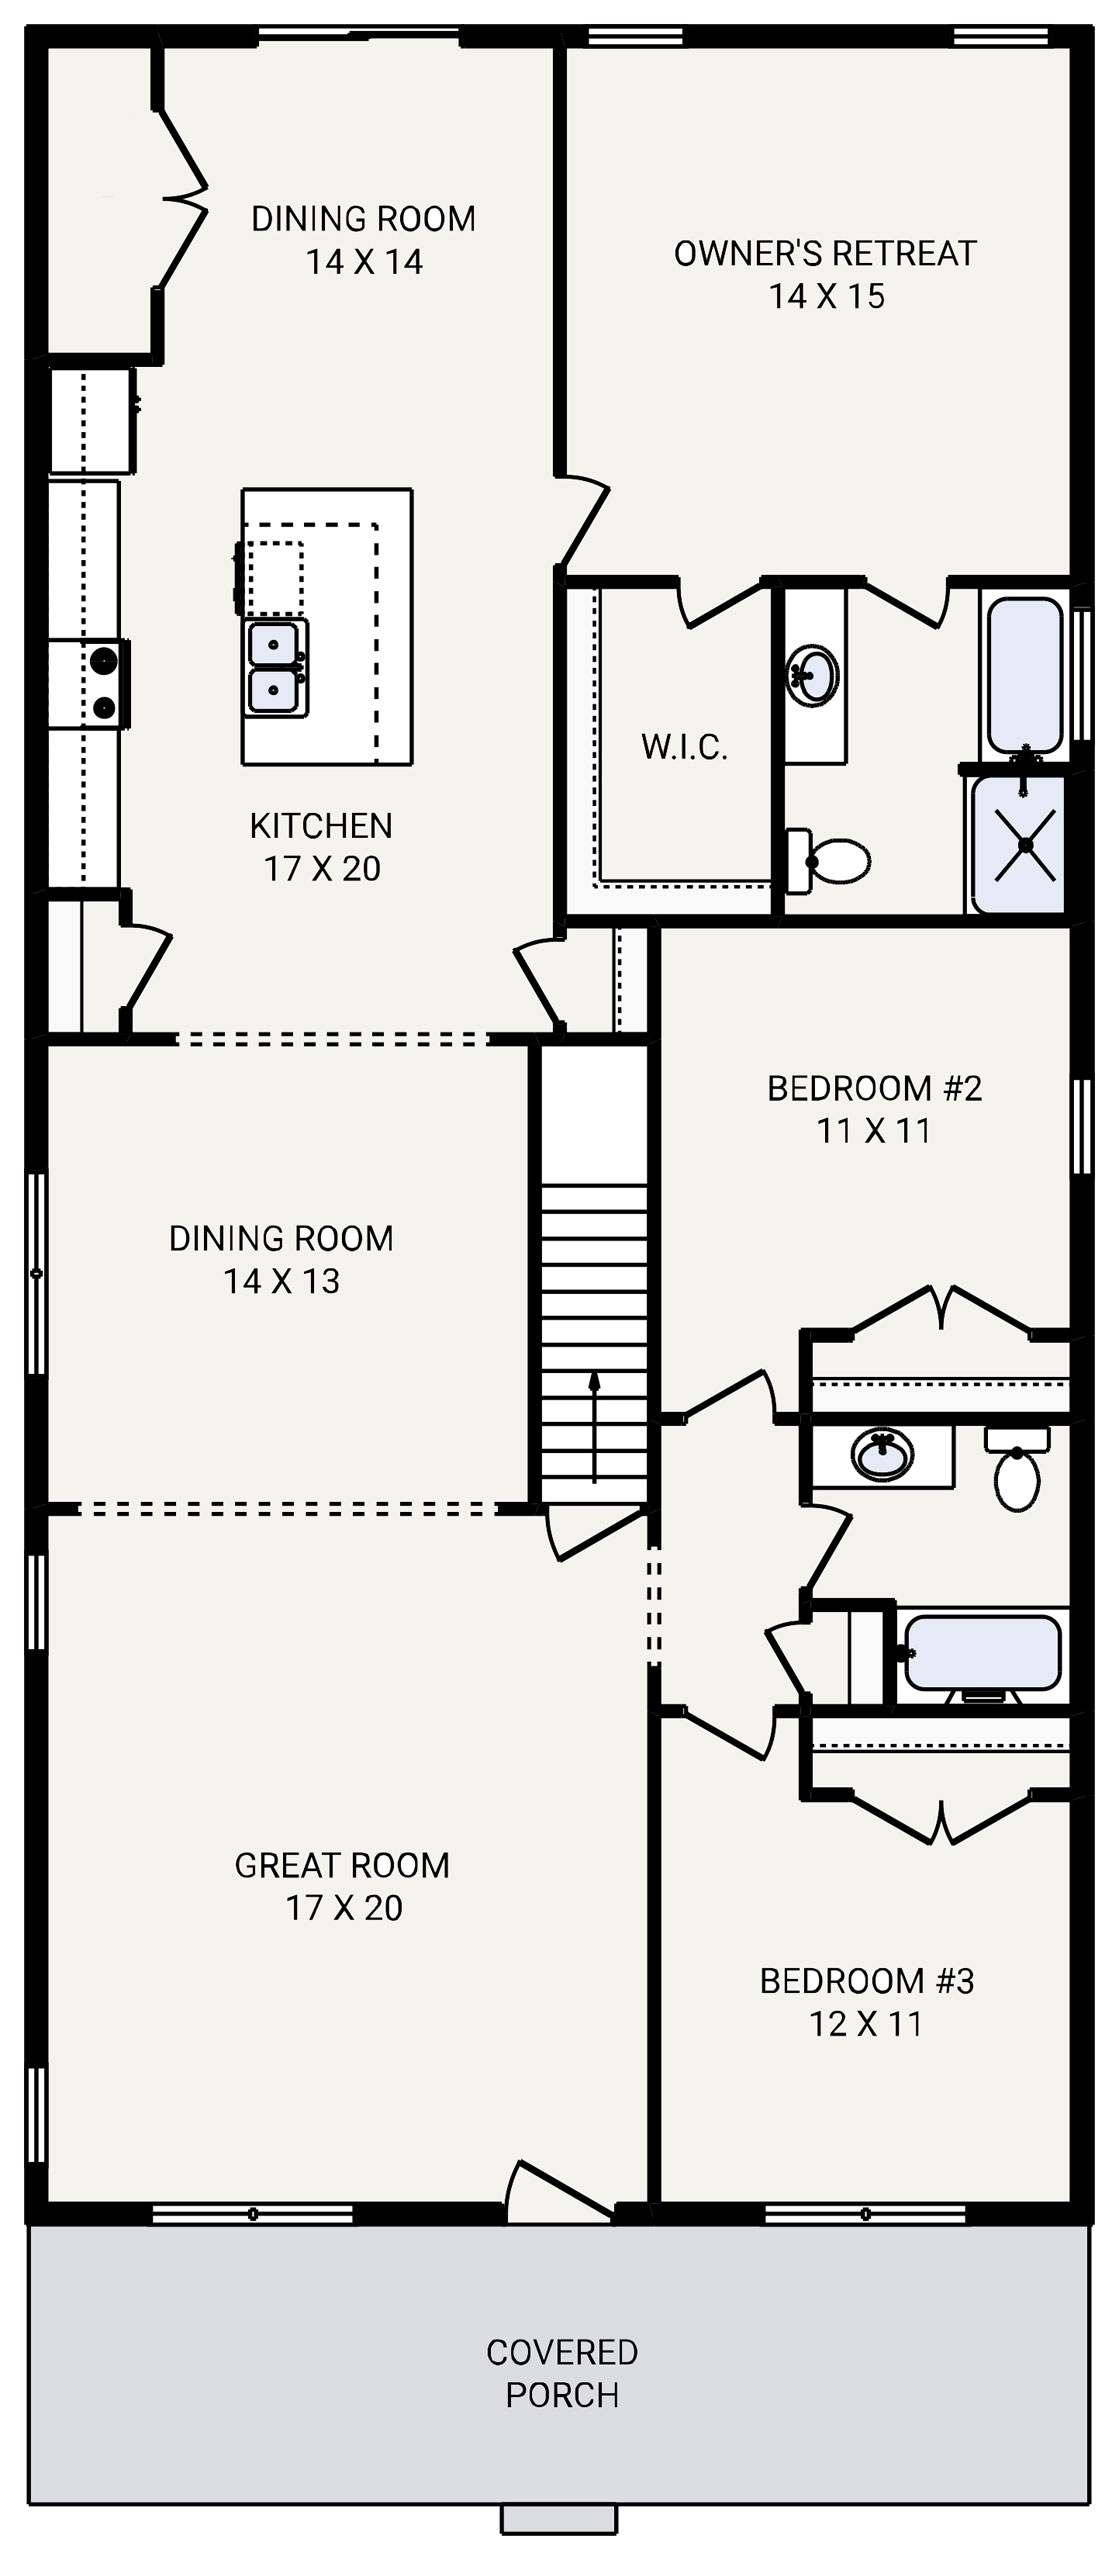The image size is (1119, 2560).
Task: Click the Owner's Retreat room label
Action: pos(825,254)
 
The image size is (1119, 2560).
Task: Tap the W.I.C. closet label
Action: pos(684,747)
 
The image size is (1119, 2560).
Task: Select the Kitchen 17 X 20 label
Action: pos(321,847)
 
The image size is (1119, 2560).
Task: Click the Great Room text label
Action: pos(342,1865)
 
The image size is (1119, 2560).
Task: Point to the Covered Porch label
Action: pos(562,2373)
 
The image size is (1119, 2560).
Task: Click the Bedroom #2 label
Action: pos(874,1088)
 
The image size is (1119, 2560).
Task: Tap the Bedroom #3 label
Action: pos(866,1980)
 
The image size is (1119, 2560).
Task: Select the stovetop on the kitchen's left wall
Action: pos(104,684)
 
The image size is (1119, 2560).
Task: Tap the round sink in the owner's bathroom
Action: pos(813,675)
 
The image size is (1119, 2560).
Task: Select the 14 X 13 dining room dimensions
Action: pos(282,1281)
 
